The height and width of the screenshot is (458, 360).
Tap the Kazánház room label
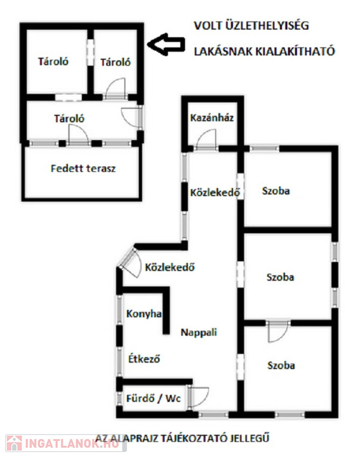(x=212, y=117)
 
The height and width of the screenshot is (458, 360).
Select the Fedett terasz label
(x=83, y=168)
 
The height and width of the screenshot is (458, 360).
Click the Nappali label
(x=198, y=333)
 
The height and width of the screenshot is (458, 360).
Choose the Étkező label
(x=145, y=359)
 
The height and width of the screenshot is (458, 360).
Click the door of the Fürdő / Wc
(x=200, y=397)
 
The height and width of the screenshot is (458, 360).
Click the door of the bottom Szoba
(x=278, y=331)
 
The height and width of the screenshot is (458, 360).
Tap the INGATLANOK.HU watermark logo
(x=57, y=444)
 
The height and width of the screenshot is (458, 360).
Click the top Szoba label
(x=276, y=191)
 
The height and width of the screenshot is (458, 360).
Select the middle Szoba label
(x=280, y=277)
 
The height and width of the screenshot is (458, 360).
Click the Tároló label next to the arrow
(x=115, y=61)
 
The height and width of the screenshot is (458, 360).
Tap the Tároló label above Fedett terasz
(x=69, y=118)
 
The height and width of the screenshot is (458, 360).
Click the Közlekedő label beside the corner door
(x=170, y=267)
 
